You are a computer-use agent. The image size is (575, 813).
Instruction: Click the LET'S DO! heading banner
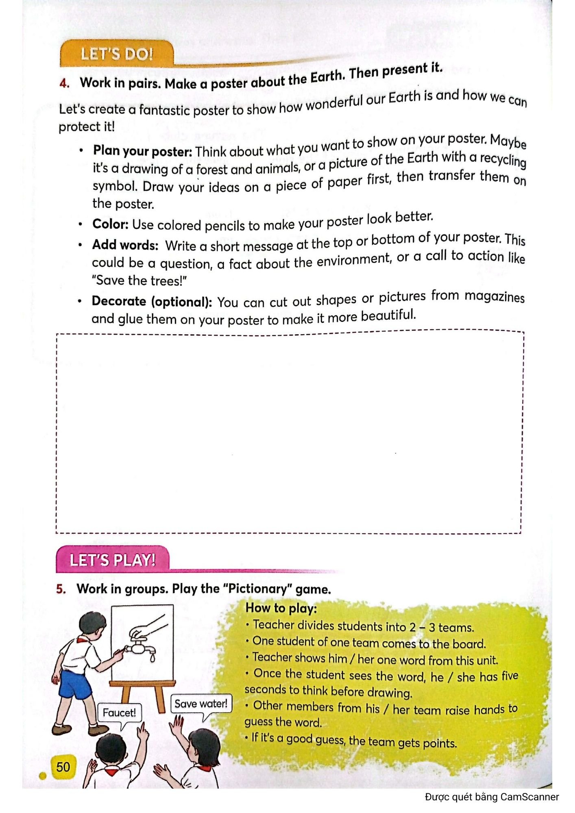(x=117, y=54)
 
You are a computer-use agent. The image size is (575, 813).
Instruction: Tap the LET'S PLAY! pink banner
(x=112, y=560)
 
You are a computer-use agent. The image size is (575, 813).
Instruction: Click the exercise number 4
(x=64, y=83)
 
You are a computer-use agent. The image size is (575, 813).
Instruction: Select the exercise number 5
(x=61, y=589)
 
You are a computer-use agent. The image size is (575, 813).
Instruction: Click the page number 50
(x=63, y=767)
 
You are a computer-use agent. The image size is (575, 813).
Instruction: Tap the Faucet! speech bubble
(x=119, y=713)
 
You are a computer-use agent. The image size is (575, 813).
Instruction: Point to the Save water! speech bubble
(x=201, y=704)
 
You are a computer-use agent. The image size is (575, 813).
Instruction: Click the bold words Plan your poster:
(x=142, y=151)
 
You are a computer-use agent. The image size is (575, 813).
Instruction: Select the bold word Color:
(x=110, y=224)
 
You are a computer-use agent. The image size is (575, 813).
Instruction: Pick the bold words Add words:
(x=125, y=245)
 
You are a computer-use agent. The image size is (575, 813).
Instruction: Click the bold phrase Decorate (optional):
(x=152, y=301)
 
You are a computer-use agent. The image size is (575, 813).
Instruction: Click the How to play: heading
(x=281, y=608)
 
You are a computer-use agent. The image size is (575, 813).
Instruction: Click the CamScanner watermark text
(x=492, y=797)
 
